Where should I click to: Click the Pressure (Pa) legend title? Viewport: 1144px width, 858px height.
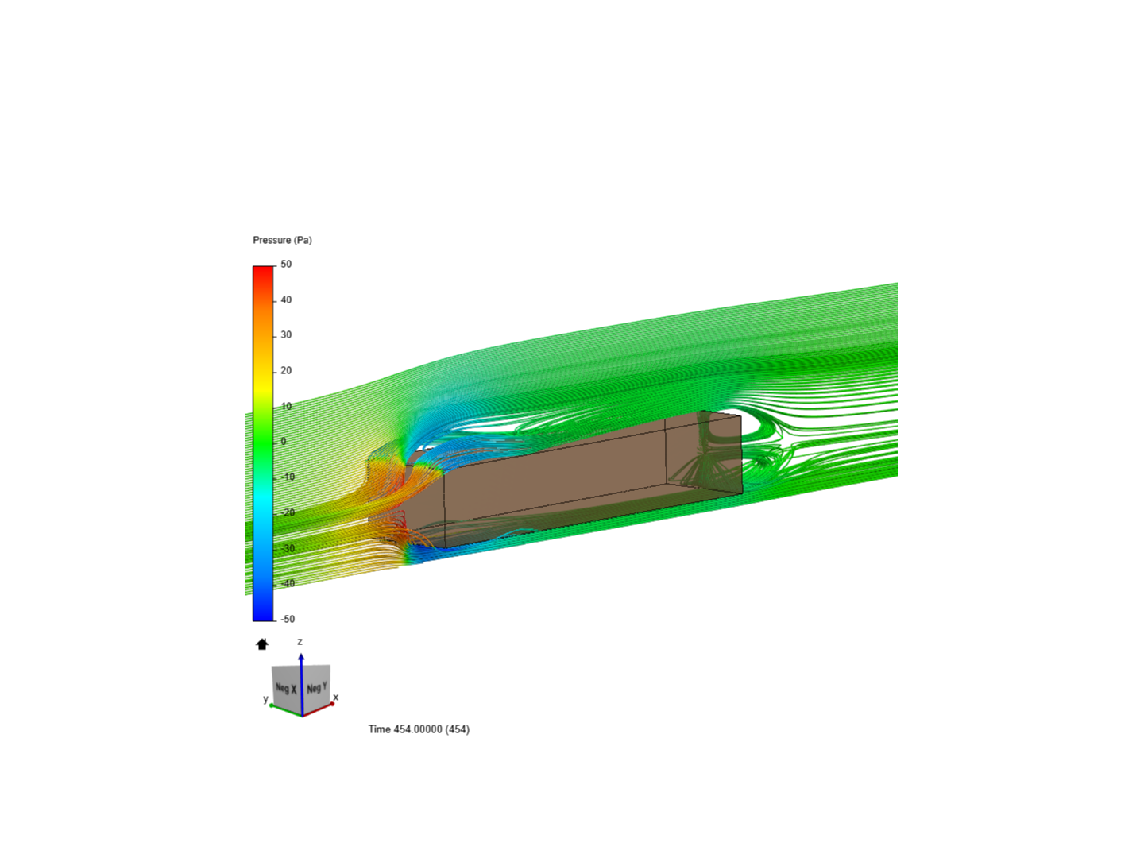coord(282,240)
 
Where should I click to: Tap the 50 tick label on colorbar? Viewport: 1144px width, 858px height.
coord(286,265)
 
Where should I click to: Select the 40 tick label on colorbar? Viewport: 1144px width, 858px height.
coord(286,300)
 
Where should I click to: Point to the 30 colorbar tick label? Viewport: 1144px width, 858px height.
coord(286,335)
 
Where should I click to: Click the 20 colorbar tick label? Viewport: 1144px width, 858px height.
coord(286,371)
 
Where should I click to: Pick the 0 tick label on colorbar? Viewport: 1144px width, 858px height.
coord(284,442)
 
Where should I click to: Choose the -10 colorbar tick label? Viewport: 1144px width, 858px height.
coord(287,477)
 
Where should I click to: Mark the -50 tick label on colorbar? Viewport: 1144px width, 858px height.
coord(287,619)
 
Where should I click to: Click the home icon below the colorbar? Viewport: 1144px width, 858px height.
coord(262,644)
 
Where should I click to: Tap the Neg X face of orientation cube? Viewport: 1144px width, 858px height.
coord(285,689)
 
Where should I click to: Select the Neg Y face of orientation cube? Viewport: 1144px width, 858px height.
coord(317,687)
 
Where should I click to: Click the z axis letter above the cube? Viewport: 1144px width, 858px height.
coord(300,642)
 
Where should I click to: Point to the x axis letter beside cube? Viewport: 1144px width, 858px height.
coord(335,698)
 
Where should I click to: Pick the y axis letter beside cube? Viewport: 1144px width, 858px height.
coord(266,699)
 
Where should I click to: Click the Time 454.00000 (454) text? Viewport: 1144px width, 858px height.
coord(419,729)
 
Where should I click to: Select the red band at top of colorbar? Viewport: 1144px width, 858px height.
coord(263,274)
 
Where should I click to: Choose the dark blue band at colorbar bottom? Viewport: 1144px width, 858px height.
coord(263,612)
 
